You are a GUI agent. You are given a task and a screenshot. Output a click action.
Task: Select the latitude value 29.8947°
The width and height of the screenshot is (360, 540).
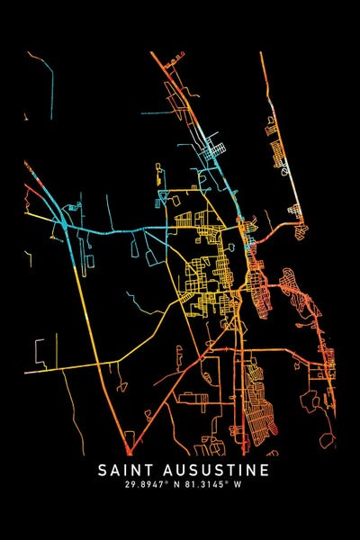coord(151,486)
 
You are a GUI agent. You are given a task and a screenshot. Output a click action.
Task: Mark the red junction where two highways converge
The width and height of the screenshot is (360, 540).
coord(129,448)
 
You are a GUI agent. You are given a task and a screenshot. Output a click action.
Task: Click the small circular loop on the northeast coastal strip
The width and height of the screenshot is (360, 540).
coord(283,168)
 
